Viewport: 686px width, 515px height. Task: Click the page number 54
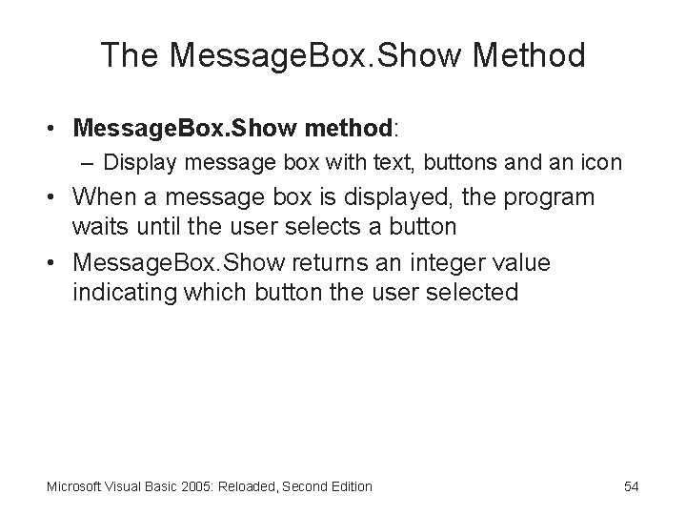(x=631, y=486)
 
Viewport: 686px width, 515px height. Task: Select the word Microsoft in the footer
(x=73, y=486)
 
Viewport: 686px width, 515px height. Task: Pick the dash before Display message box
(x=91, y=163)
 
